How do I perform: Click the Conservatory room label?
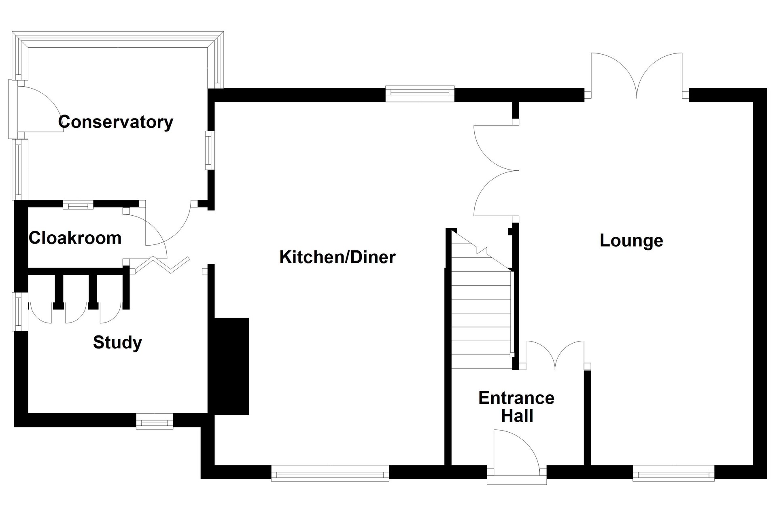(116, 122)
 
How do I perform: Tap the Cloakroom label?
(75, 238)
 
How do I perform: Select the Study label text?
(117, 343)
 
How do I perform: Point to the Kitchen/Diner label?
(338, 257)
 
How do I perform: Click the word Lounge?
(631, 241)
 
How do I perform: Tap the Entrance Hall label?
(516, 407)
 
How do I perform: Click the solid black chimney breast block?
(231, 366)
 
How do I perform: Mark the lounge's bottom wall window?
(673, 473)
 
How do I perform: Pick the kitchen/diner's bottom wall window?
(330, 473)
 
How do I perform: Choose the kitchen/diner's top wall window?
(420, 93)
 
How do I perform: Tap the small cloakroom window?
(78, 205)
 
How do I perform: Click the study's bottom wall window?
(155, 421)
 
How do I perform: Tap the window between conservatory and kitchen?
(209, 150)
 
